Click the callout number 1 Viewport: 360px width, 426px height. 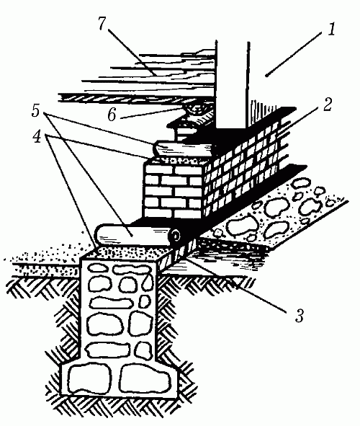[331, 30]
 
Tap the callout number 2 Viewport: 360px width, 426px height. [327, 104]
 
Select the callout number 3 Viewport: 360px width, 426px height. [300, 315]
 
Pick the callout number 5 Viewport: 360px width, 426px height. [36, 111]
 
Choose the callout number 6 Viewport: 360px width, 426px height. [112, 115]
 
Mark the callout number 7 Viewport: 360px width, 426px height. [102, 23]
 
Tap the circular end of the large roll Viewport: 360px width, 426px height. [175, 235]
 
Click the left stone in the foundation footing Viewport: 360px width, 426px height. [90, 380]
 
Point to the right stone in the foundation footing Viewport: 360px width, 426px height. [145, 378]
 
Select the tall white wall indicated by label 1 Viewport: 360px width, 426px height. [233, 84]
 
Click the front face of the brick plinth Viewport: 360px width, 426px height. [174, 190]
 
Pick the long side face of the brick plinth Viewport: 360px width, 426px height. [241, 169]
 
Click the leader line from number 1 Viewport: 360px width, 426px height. [294, 54]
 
